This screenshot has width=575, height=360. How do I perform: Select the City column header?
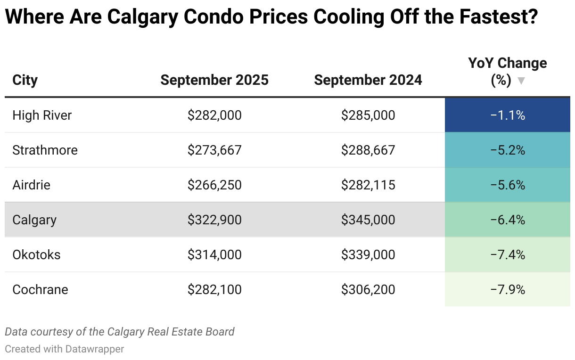tap(25, 80)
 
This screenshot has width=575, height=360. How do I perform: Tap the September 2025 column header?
tap(214, 80)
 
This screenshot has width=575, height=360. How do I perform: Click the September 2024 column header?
tap(368, 80)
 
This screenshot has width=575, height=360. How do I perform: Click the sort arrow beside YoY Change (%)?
tap(521, 81)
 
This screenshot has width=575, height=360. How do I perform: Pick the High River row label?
tap(42, 115)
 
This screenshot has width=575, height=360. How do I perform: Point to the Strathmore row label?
tap(45, 150)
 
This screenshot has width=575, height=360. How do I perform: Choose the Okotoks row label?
tap(36, 254)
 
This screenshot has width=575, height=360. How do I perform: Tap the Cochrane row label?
tap(40, 289)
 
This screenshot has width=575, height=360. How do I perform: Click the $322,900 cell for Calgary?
tap(214, 220)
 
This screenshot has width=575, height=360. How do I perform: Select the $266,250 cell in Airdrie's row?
tap(214, 185)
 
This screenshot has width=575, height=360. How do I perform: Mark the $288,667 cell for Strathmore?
tap(368, 150)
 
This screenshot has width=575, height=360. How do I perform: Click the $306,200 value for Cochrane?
tap(368, 289)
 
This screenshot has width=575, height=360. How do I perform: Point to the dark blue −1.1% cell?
tap(508, 115)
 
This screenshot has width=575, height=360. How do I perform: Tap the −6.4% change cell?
tap(508, 220)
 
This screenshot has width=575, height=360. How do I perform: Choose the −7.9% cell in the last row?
tap(508, 289)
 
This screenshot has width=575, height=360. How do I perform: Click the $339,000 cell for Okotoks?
tap(368, 254)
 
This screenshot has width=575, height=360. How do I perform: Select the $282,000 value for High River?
tap(214, 115)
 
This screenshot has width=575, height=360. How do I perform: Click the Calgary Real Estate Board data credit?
tap(119, 332)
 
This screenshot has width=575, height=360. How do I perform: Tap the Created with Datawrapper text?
tap(65, 349)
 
